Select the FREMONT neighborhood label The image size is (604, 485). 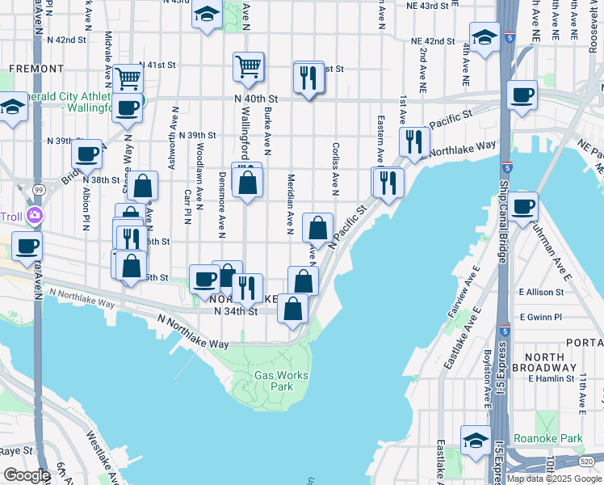[36, 70]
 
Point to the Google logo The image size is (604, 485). [27, 475]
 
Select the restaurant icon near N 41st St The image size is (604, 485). [308, 78]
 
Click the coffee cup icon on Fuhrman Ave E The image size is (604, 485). [522, 207]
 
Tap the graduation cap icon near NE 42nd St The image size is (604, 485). [484, 37]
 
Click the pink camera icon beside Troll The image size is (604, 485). [35, 215]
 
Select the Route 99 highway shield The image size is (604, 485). [38, 188]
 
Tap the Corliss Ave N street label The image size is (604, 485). [334, 168]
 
